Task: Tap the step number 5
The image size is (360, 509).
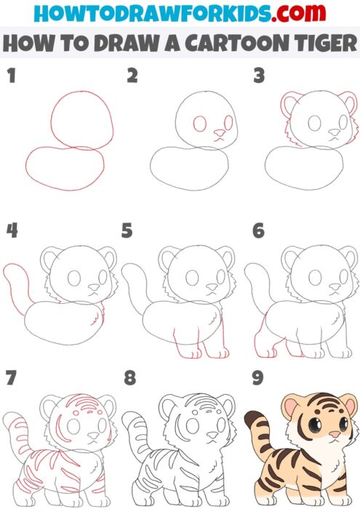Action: click(x=127, y=231)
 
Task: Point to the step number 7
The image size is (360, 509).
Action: click(x=10, y=379)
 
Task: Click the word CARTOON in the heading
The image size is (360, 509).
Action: click(x=236, y=43)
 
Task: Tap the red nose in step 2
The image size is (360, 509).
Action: click(x=217, y=134)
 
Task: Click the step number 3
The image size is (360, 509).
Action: click(x=258, y=76)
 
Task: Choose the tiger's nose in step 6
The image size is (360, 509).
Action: click(x=329, y=286)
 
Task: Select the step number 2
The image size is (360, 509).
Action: click(x=132, y=76)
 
